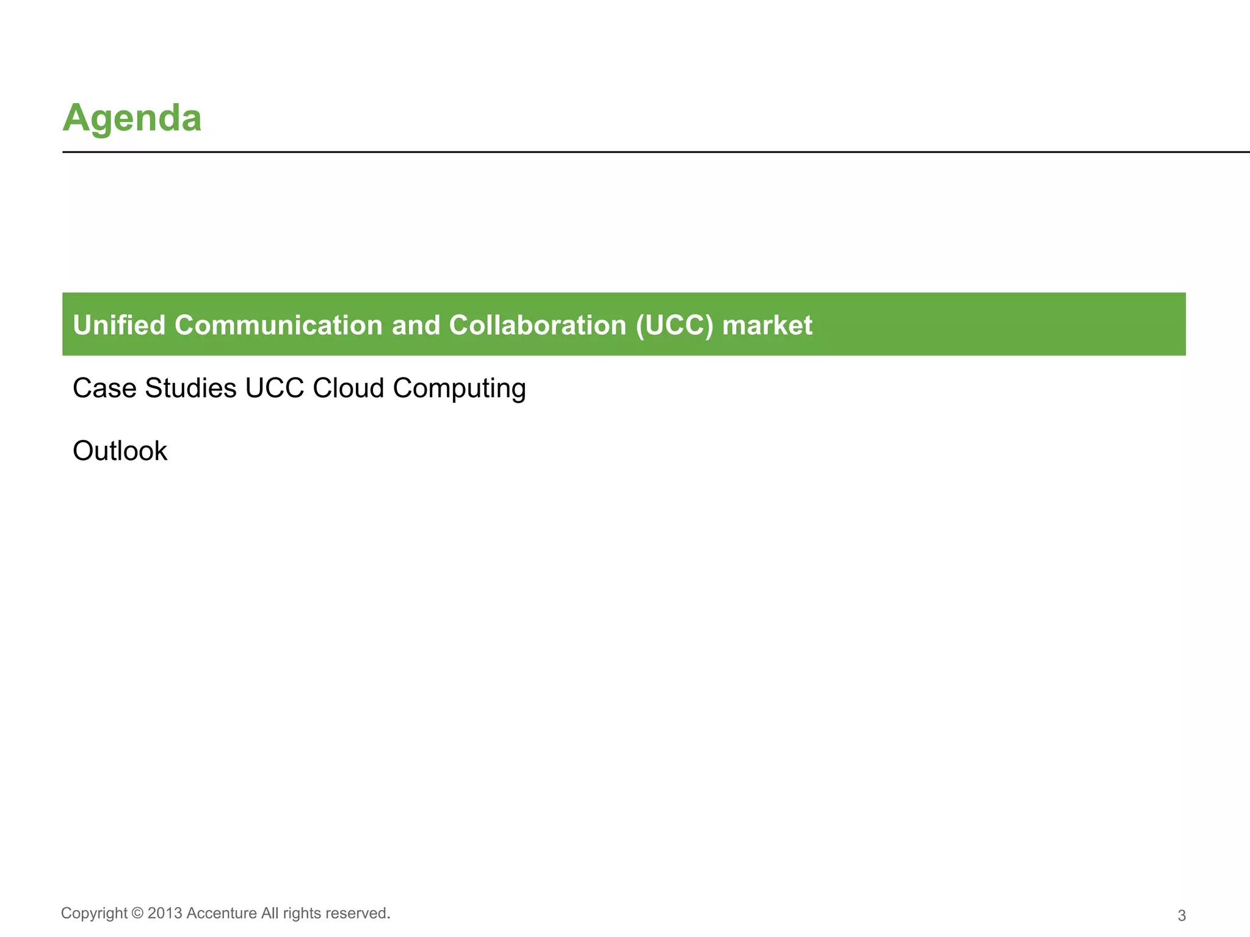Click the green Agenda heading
pos(132,118)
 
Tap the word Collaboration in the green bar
pos(538,325)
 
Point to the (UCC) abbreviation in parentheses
pos(674,325)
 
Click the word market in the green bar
pos(767,325)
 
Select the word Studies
pos(190,388)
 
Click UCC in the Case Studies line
pos(274,388)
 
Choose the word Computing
pos(459,389)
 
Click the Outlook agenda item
pos(120,451)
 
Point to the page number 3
pos(1182,916)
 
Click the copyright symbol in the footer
pos(138,913)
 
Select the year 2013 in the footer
pos(165,913)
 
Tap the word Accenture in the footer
pos(222,913)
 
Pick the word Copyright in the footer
pos(95,913)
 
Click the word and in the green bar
pos(416,325)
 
